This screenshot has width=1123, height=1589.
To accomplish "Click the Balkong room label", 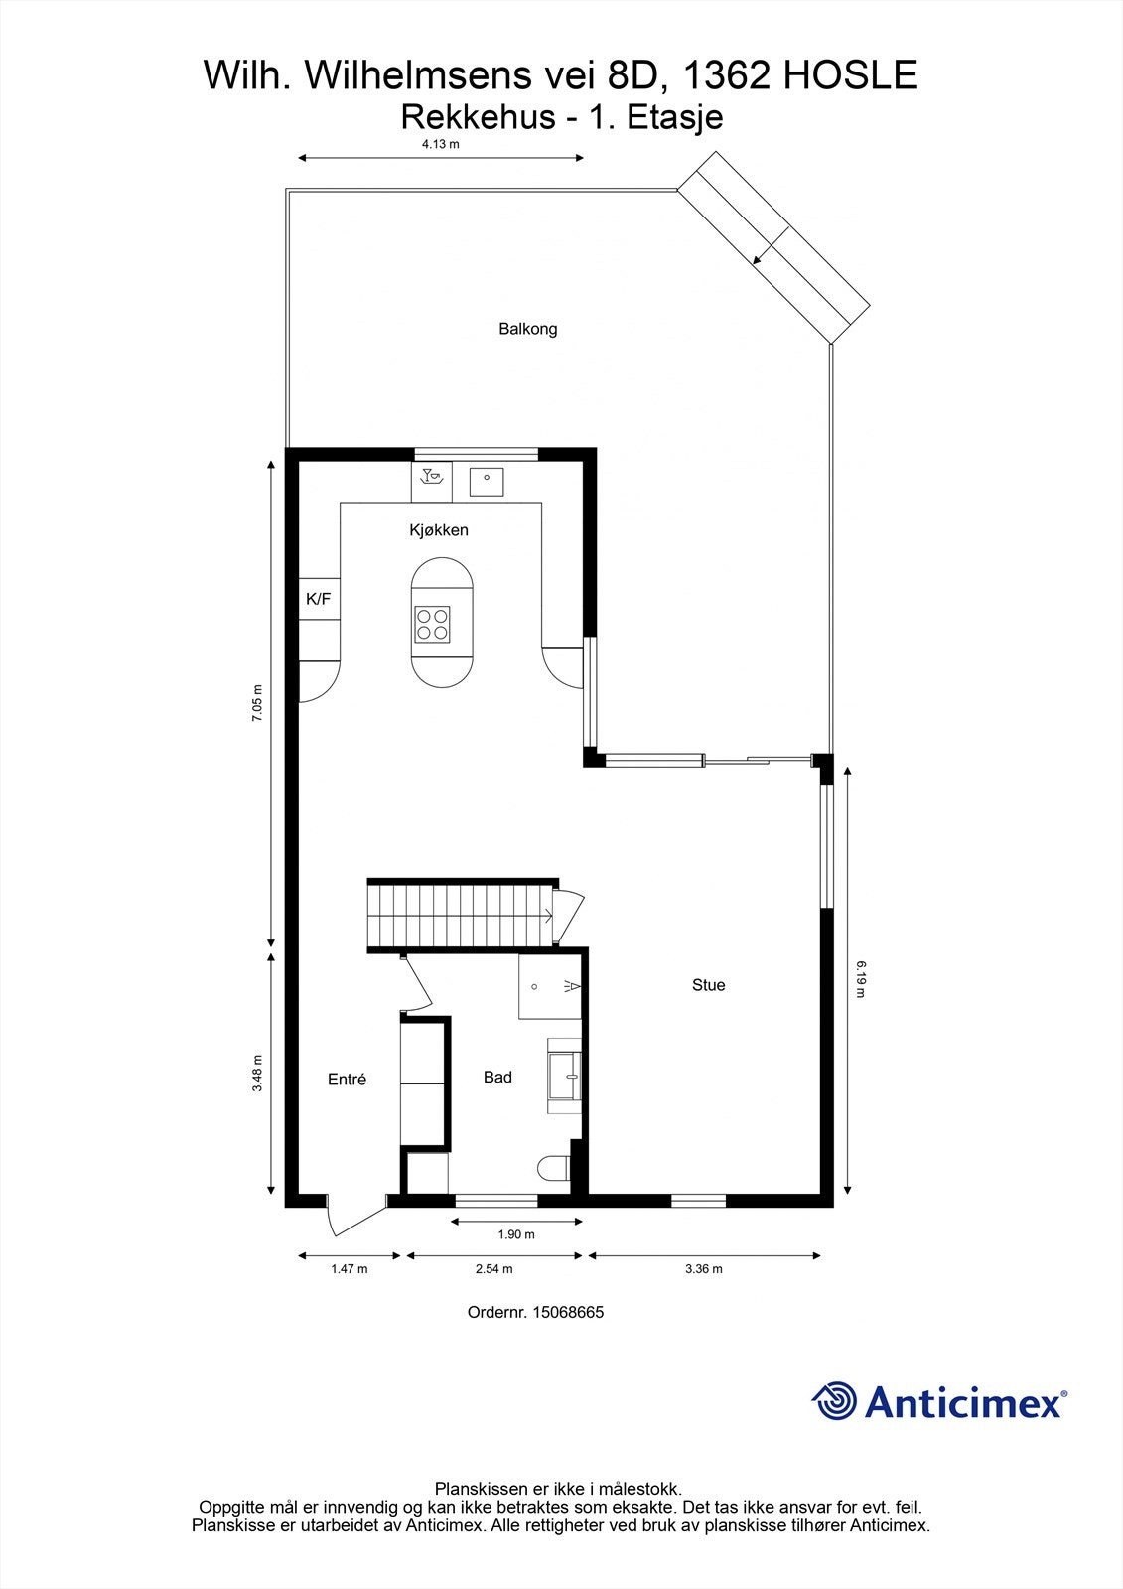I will (527, 329).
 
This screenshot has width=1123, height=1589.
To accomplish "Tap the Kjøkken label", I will (438, 530).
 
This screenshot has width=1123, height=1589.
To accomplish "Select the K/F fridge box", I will (318, 599).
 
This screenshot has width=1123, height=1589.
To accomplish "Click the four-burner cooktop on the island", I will (433, 624).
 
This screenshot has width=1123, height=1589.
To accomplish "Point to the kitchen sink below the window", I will (487, 481).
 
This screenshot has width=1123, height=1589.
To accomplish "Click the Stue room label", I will (708, 985).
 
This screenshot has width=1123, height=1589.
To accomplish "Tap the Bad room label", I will (497, 1078).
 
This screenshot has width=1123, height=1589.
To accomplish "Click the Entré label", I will (347, 1080).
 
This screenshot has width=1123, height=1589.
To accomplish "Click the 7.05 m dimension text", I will (257, 703).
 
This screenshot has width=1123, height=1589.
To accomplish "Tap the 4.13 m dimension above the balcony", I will (441, 143).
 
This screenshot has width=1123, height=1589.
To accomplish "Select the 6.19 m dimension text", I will (861, 977).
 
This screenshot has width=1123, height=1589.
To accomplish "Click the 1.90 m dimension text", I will (515, 1235).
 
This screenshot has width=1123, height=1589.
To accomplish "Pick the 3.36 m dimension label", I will (704, 1269).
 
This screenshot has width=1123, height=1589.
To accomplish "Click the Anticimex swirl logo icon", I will (834, 1402).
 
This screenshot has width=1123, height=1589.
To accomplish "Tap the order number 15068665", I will (568, 1312).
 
